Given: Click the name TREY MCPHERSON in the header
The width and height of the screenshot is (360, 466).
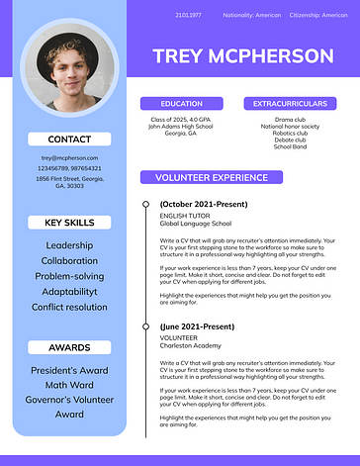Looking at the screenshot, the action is pos(242,55).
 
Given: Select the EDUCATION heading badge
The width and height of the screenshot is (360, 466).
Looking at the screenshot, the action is pos(181,103).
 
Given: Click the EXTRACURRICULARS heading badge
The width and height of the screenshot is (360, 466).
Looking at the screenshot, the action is pos(290,103).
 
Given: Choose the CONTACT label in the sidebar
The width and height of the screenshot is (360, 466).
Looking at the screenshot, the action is pos(69,140).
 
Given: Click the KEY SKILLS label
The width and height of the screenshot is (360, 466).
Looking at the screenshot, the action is pos(69,223).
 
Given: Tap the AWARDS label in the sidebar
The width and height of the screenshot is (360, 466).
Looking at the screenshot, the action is pos(69,347).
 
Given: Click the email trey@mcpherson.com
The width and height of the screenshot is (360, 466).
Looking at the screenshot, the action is pos(69,157).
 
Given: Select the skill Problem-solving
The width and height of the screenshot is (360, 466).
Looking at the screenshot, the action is pos(69,276).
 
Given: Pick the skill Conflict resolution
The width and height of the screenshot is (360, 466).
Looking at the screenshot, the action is pos(69,307).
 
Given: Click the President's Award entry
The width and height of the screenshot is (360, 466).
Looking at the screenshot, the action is pos(69,371).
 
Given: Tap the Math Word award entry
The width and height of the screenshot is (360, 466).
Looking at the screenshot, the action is pos(69,386).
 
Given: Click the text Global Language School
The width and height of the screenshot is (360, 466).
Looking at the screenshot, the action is pos(196,224).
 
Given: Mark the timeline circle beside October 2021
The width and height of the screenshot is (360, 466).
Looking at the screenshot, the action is pos(147,205).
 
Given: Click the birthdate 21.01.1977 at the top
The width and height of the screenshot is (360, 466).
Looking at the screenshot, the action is pos(188,16).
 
